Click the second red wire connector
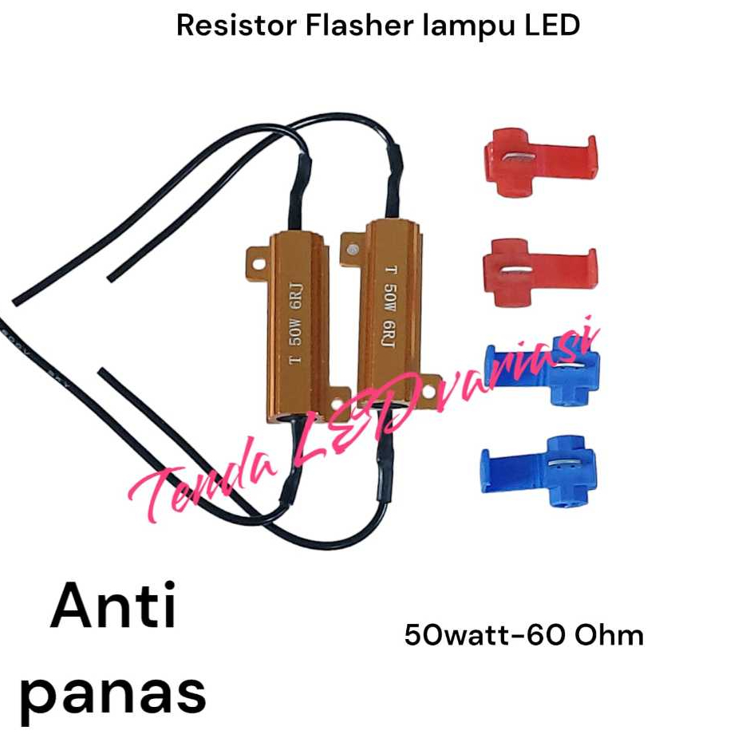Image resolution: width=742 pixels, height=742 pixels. pyautogui.click(x=539, y=272)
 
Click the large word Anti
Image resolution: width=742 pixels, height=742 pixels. pyautogui.click(x=113, y=609)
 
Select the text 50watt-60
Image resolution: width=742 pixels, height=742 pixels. pyautogui.click(x=476, y=635)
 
